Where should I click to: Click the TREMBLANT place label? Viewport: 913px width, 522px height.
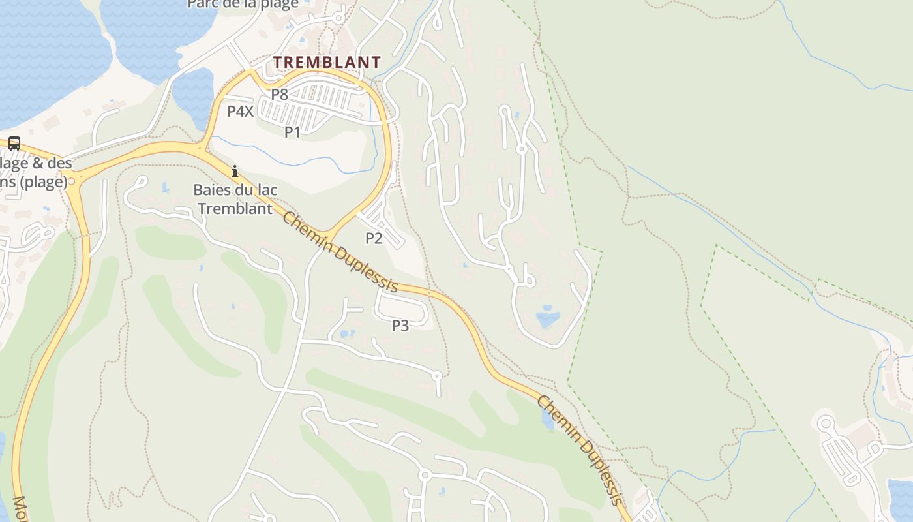click(326, 63)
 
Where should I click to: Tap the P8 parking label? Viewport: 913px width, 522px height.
click(280, 94)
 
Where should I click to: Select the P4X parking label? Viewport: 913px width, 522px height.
click(240, 111)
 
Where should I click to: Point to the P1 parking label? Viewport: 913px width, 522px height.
click(292, 132)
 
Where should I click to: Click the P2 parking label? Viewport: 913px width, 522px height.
click(374, 238)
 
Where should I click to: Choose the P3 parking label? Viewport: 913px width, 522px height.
click(400, 325)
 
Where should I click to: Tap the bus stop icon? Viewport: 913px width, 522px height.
click(14, 144)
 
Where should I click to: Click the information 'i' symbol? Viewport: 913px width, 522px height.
click(235, 172)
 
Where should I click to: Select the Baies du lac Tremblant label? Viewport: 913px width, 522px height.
click(235, 199)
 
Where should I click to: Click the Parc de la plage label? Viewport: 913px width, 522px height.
click(243, 4)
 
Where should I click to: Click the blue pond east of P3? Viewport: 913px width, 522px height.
click(548, 318)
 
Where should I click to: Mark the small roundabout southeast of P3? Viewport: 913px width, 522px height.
click(437, 376)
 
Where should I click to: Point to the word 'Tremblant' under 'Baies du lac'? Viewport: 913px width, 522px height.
click(235, 209)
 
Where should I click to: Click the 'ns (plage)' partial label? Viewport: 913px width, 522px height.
click(34, 182)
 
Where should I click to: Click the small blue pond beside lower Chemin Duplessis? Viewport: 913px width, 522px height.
click(548, 421)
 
